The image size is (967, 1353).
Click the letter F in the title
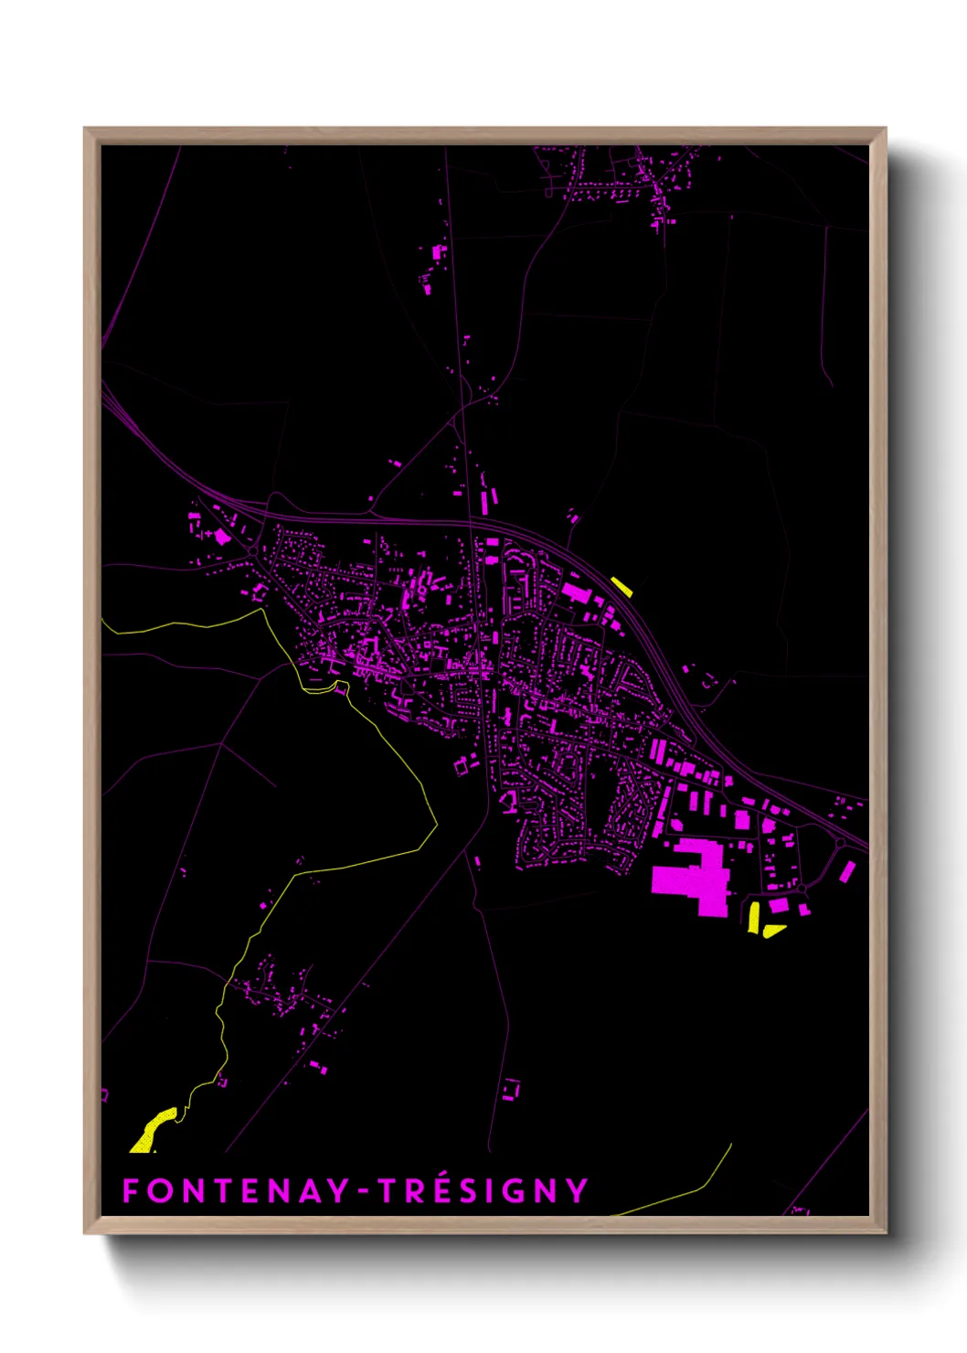(x=131, y=1190)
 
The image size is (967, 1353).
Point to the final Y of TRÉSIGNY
(x=576, y=1190)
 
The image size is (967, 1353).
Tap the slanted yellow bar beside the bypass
(x=622, y=587)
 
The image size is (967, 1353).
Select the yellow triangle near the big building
(x=773, y=931)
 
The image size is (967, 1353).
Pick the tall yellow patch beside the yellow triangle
(x=754, y=917)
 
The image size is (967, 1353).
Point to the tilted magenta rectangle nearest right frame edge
(x=848, y=871)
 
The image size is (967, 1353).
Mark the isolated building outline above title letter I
(x=510, y=1089)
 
